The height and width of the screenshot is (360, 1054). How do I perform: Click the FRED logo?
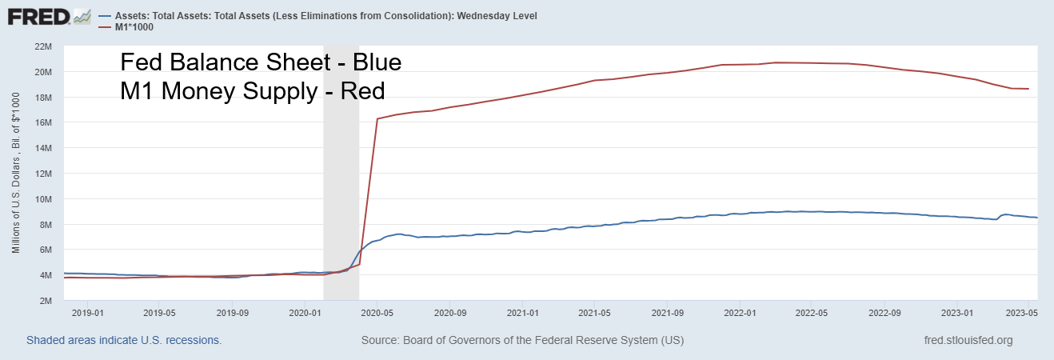tap(38, 16)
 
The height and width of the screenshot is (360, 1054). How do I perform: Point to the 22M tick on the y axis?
tap(42, 46)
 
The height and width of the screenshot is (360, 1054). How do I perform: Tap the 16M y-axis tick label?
tap(42, 122)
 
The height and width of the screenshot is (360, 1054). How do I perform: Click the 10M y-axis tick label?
tap(42, 198)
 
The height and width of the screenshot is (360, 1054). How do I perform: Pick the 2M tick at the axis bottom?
tap(45, 300)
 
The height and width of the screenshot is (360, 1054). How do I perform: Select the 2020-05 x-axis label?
tap(376, 313)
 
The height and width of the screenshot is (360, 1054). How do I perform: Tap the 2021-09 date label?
tap(667, 313)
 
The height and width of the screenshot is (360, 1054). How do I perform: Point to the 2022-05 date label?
tap(812, 313)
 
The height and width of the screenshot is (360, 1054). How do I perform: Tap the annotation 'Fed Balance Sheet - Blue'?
tap(260, 62)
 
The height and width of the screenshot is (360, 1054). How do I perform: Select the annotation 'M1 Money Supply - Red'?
tap(252, 91)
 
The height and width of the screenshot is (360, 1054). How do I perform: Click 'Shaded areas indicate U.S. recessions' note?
tap(124, 341)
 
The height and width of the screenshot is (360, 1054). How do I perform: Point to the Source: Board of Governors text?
tap(522, 341)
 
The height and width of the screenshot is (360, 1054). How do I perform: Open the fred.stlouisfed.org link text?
tap(968, 341)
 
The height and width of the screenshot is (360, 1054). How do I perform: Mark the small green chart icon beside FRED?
tap(82, 15)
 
